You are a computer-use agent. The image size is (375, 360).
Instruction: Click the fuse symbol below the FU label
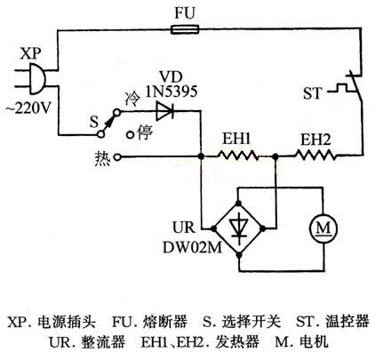(185, 29)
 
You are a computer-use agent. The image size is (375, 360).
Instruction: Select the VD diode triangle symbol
(164, 111)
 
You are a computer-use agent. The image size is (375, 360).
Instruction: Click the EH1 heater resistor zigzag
(238, 155)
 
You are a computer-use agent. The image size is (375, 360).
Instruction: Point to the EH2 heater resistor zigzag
(315, 155)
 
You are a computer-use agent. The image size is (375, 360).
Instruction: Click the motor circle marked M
(323, 228)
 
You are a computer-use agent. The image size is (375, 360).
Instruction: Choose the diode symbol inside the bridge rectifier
(239, 228)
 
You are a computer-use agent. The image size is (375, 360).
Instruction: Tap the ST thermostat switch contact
(355, 86)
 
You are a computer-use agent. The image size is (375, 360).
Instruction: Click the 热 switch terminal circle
(117, 157)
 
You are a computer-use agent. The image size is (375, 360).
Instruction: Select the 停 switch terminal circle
(130, 135)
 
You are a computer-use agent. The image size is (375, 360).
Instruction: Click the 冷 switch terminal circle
(117, 112)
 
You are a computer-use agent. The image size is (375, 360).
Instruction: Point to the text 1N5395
(172, 92)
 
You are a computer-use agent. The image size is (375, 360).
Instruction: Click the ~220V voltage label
(28, 108)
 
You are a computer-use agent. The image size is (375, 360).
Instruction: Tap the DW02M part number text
(192, 248)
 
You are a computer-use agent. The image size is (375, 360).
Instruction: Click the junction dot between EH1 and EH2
(275, 156)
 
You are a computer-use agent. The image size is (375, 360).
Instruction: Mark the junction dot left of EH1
(201, 156)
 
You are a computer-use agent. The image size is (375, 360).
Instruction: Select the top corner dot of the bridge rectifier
(238, 204)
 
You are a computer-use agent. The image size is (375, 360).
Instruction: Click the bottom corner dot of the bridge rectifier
(239, 254)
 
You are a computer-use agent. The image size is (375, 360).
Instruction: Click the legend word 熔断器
(165, 322)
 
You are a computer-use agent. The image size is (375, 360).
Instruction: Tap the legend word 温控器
(347, 322)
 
